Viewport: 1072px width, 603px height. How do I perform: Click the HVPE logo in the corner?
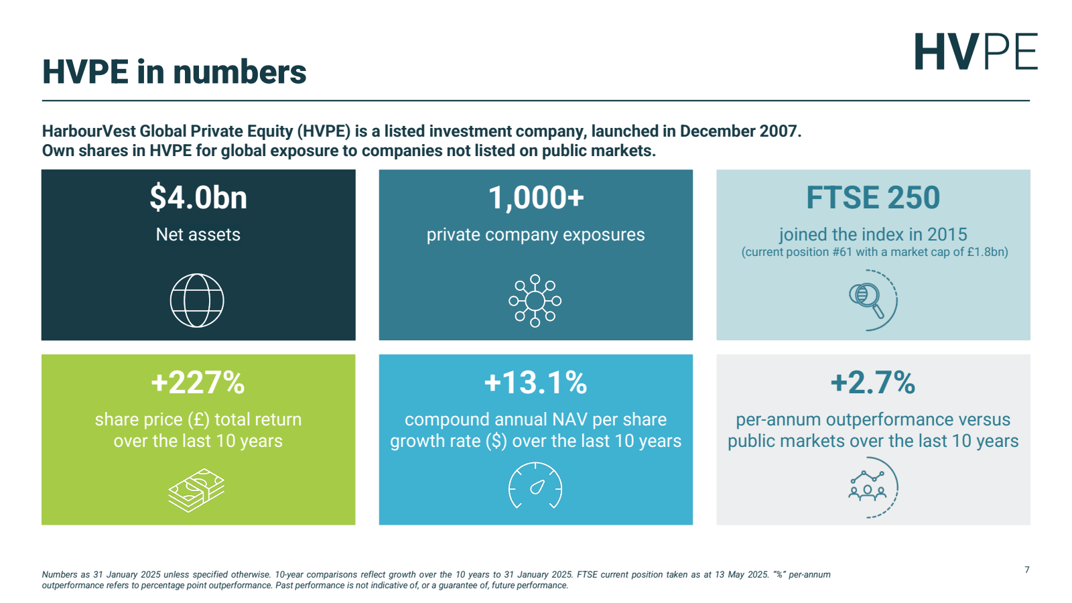[x=976, y=52]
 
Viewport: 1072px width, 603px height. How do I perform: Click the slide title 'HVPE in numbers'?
[x=174, y=72]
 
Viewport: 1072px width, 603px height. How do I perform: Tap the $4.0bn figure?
[x=198, y=198]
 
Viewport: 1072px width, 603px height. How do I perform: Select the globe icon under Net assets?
[x=197, y=300]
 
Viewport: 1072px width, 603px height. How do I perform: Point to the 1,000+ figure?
[x=535, y=198]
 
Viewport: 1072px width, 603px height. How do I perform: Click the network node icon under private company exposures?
[x=535, y=301]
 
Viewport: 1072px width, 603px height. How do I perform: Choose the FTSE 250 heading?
[x=873, y=198]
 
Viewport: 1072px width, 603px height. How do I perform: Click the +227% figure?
[x=198, y=383]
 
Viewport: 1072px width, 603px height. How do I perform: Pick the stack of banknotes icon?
[x=196, y=490]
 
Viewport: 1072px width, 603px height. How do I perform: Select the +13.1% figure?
[x=535, y=383]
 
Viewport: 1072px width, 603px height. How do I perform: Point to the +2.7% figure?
[x=872, y=383]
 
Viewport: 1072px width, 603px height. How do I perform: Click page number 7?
[x=1026, y=570]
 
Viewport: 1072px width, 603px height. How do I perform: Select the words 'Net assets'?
[x=198, y=234]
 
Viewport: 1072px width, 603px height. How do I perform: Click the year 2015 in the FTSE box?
[x=947, y=234]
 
